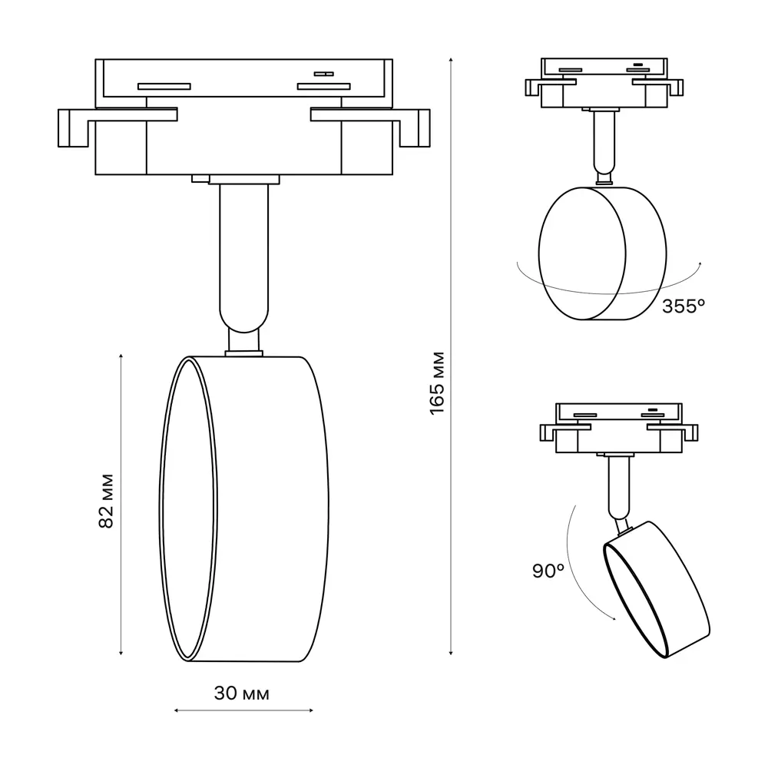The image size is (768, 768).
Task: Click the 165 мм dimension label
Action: tap(437, 383)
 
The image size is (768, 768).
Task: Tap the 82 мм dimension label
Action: tap(106, 501)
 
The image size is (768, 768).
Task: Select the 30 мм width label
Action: tap(242, 694)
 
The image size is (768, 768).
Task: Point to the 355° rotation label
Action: tap(684, 306)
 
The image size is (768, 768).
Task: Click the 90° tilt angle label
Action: tap(548, 571)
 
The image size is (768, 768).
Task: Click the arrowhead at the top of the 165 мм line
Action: tap(451, 59)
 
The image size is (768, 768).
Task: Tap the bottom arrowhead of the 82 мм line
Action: tap(121, 653)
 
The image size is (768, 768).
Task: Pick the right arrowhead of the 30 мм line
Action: tap(311, 710)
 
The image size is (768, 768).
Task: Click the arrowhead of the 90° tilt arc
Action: tap(614, 618)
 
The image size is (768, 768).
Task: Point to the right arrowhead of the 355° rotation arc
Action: tap(700, 264)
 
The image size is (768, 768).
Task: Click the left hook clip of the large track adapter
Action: tap(73, 127)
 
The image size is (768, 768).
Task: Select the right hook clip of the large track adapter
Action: tap(415, 127)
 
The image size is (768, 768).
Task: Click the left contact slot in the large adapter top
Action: tap(164, 87)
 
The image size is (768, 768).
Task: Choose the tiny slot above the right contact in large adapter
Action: tap(324, 74)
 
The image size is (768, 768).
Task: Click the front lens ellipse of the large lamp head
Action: tap(189, 509)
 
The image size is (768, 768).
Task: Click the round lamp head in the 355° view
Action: tap(602, 253)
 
